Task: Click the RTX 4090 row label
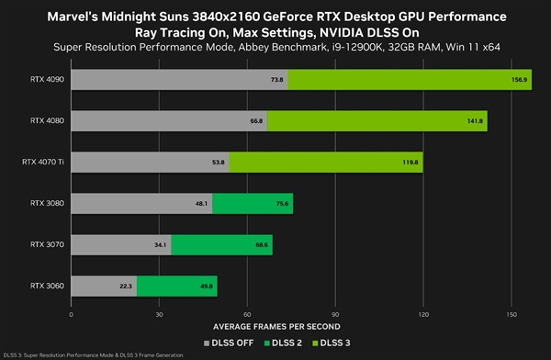(43, 80)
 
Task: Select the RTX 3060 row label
(43, 286)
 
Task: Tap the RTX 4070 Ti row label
(39, 162)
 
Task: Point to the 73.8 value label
(275, 80)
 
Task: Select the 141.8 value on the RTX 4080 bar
(475, 120)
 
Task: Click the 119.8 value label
(410, 162)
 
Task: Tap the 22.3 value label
(124, 286)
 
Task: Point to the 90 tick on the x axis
(335, 314)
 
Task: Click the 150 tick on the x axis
(512, 314)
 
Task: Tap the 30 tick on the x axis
(159, 314)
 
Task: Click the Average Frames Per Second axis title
(288, 326)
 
